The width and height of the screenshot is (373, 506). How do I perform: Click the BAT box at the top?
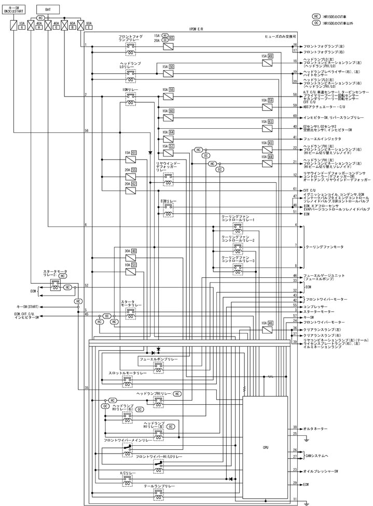click(x=48, y=9)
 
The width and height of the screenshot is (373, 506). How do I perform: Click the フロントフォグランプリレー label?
click(x=130, y=38)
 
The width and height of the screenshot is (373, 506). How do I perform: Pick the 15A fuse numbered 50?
click(x=168, y=72)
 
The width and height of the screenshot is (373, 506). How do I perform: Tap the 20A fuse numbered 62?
click(x=130, y=189)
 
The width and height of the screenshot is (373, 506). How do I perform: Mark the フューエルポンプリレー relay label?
click(x=158, y=359)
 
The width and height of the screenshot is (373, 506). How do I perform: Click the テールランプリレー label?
click(x=159, y=486)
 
